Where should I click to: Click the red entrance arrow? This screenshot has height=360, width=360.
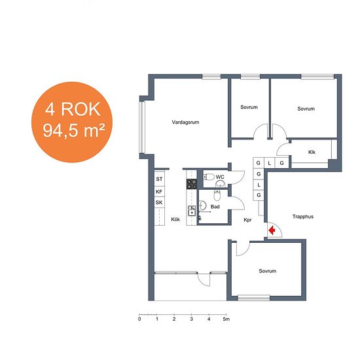tap(272, 230)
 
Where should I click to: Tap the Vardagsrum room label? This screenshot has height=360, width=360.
tap(185, 122)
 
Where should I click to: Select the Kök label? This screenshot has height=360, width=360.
tap(175, 219)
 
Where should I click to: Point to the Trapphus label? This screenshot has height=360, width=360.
tap(303, 217)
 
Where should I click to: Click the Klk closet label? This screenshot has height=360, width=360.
tap(312, 152)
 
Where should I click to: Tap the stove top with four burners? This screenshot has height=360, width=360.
tap(192, 184)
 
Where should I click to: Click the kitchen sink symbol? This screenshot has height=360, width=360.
tap(192, 211)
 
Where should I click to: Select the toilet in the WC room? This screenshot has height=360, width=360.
tap(209, 177)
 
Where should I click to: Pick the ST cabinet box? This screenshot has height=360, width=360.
tap(159, 179)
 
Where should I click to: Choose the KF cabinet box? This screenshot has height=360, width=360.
tap(159, 192)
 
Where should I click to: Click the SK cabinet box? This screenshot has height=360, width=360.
tap(159, 202)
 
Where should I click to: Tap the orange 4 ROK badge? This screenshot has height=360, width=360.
tap(72, 122)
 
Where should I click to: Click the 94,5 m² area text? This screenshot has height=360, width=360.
tap(74, 131)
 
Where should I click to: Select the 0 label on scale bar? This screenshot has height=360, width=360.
tap(139, 319)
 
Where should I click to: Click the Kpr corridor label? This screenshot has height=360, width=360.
tap(247, 220)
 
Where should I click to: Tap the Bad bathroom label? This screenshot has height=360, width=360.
tap(215, 207)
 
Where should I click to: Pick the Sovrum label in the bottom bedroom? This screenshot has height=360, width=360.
tap(268, 271)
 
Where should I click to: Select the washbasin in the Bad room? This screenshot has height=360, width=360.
tap(202, 206)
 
